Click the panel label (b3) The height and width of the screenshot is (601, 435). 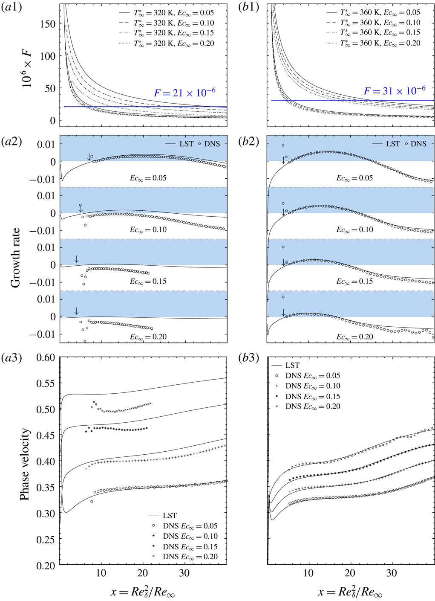248,357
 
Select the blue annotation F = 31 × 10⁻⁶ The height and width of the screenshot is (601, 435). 394,91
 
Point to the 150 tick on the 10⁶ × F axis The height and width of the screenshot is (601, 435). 47,24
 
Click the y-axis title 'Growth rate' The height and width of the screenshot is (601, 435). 15,257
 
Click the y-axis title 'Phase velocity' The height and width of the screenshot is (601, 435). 25,464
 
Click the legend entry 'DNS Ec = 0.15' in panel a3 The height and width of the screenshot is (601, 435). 190,546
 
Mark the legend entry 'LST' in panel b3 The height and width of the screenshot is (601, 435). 292,365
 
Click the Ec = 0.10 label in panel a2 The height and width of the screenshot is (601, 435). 148,229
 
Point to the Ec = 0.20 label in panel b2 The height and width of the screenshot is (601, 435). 354,337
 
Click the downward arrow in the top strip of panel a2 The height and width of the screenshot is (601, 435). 89,157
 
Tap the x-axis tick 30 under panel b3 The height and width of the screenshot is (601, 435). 391,573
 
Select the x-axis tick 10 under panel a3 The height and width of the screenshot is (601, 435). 101,573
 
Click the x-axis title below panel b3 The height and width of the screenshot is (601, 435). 349,592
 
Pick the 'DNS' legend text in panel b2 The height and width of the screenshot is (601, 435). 418,144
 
